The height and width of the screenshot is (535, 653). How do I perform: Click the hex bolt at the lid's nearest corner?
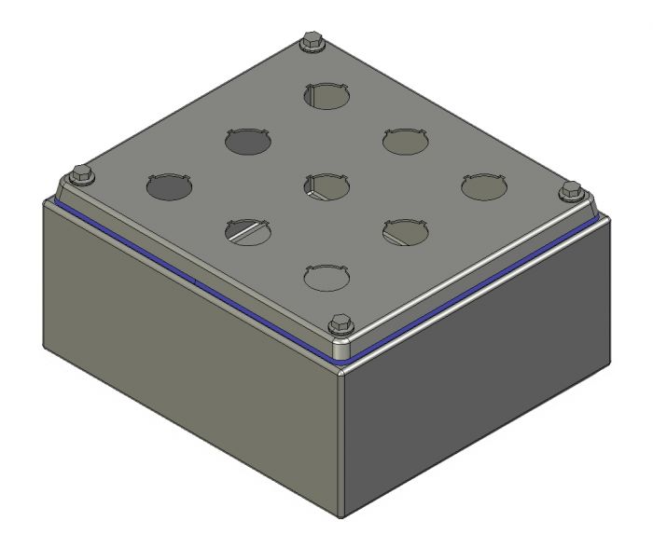coord(339,325)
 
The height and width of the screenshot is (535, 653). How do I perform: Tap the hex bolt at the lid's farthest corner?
coord(311,44)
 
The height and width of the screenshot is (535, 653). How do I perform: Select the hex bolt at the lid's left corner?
coord(79,172)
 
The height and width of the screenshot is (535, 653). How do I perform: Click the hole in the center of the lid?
coord(326,185)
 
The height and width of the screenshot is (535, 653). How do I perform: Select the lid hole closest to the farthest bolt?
coord(326,94)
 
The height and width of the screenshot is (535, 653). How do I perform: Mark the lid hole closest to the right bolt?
coord(485,186)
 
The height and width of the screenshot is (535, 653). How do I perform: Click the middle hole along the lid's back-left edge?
coord(248,142)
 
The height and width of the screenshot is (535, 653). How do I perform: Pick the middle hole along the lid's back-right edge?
coord(405,142)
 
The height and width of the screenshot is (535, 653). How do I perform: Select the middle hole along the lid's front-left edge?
coord(248,229)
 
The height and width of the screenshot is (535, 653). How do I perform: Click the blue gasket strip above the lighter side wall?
coord(187,276)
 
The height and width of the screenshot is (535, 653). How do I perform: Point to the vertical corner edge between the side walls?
coord(341,438)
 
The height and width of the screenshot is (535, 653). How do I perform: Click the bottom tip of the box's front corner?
coord(342,514)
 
